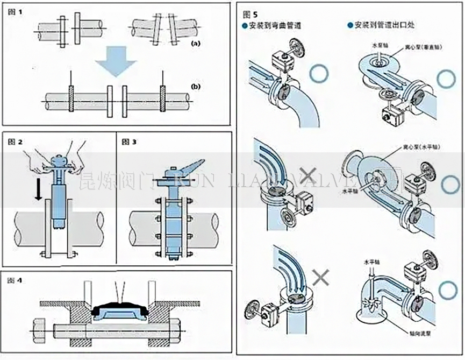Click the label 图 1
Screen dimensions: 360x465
[x=17, y=11]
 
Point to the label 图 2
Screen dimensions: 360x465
[x=17, y=142]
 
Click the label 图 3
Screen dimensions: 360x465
[x=130, y=142]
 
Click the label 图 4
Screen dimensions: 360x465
[x=16, y=280]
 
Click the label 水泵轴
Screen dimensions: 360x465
[x=377, y=47]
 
